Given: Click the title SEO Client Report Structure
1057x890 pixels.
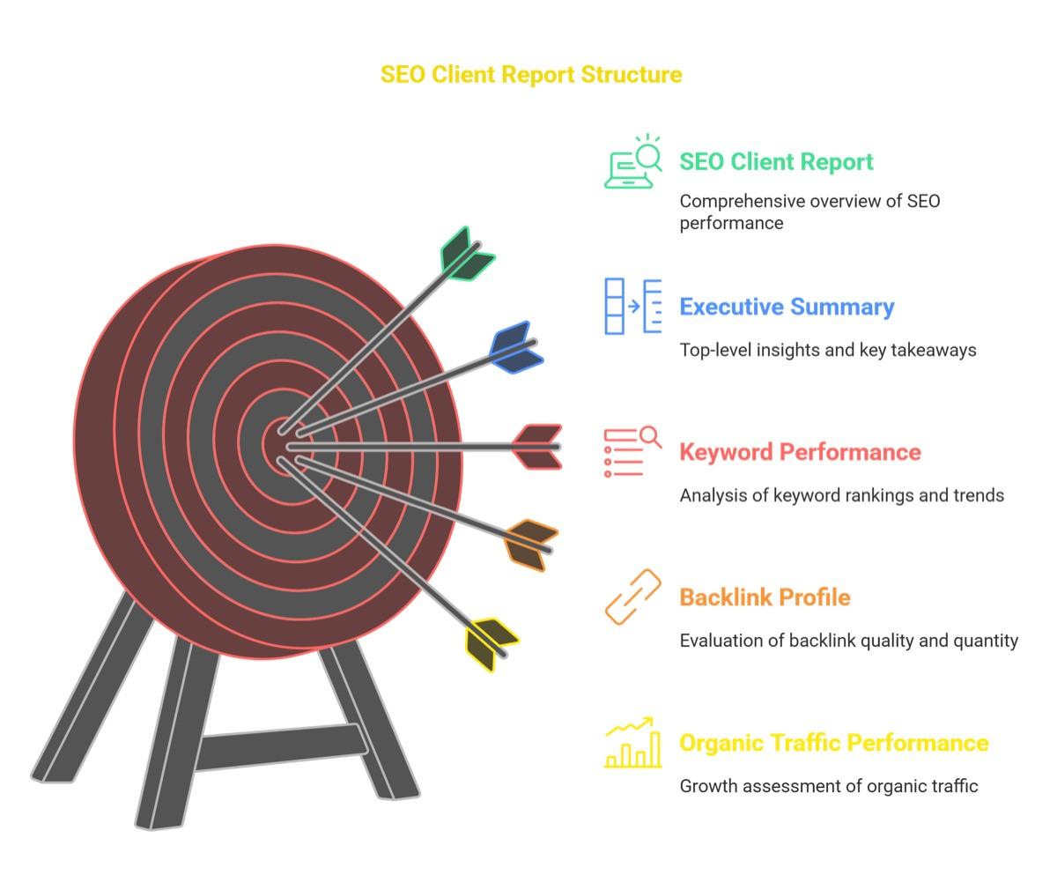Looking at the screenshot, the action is tap(531, 75).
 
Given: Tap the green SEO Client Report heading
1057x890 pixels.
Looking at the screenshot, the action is tap(776, 162).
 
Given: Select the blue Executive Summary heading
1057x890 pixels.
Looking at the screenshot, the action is tap(787, 307).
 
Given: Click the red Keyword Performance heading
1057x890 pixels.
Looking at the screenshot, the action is tap(800, 452).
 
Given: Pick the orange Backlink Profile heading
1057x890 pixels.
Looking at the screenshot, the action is tap(765, 597).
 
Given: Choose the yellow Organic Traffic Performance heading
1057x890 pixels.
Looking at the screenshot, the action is tap(834, 743).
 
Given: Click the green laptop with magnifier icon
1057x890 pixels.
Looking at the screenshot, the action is tap(632, 161).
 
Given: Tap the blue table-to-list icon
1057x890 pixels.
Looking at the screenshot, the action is tap(632, 306).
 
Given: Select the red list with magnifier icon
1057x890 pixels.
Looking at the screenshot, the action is tap(632, 451).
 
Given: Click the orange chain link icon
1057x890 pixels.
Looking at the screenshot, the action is tap(632, 597).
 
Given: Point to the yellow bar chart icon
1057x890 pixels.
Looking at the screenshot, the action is tap(632, 742).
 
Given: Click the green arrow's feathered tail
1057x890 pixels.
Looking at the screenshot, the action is tap(467, 254).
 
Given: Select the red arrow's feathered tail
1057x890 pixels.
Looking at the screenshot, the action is tap(537, 447).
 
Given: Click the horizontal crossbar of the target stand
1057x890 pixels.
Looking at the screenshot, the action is tap(282, 747).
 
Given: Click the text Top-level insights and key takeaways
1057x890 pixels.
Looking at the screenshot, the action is tap(828, 350).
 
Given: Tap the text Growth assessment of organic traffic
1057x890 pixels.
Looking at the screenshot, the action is tap(829, 786).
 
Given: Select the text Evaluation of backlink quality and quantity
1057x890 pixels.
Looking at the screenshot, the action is tap(848, 641).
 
